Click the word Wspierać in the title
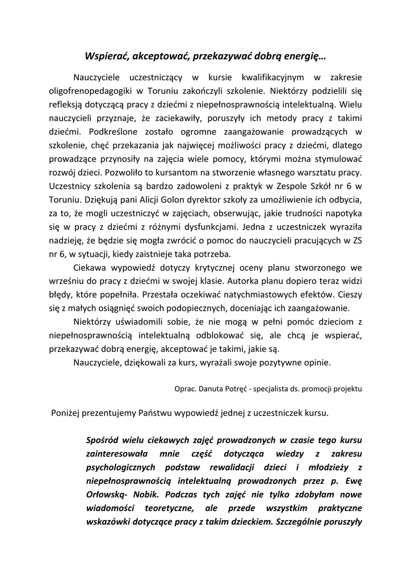pos(105,56)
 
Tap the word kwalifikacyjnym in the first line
pos(272,77)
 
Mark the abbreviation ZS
pos(356,240)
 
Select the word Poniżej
pos(67,414)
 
